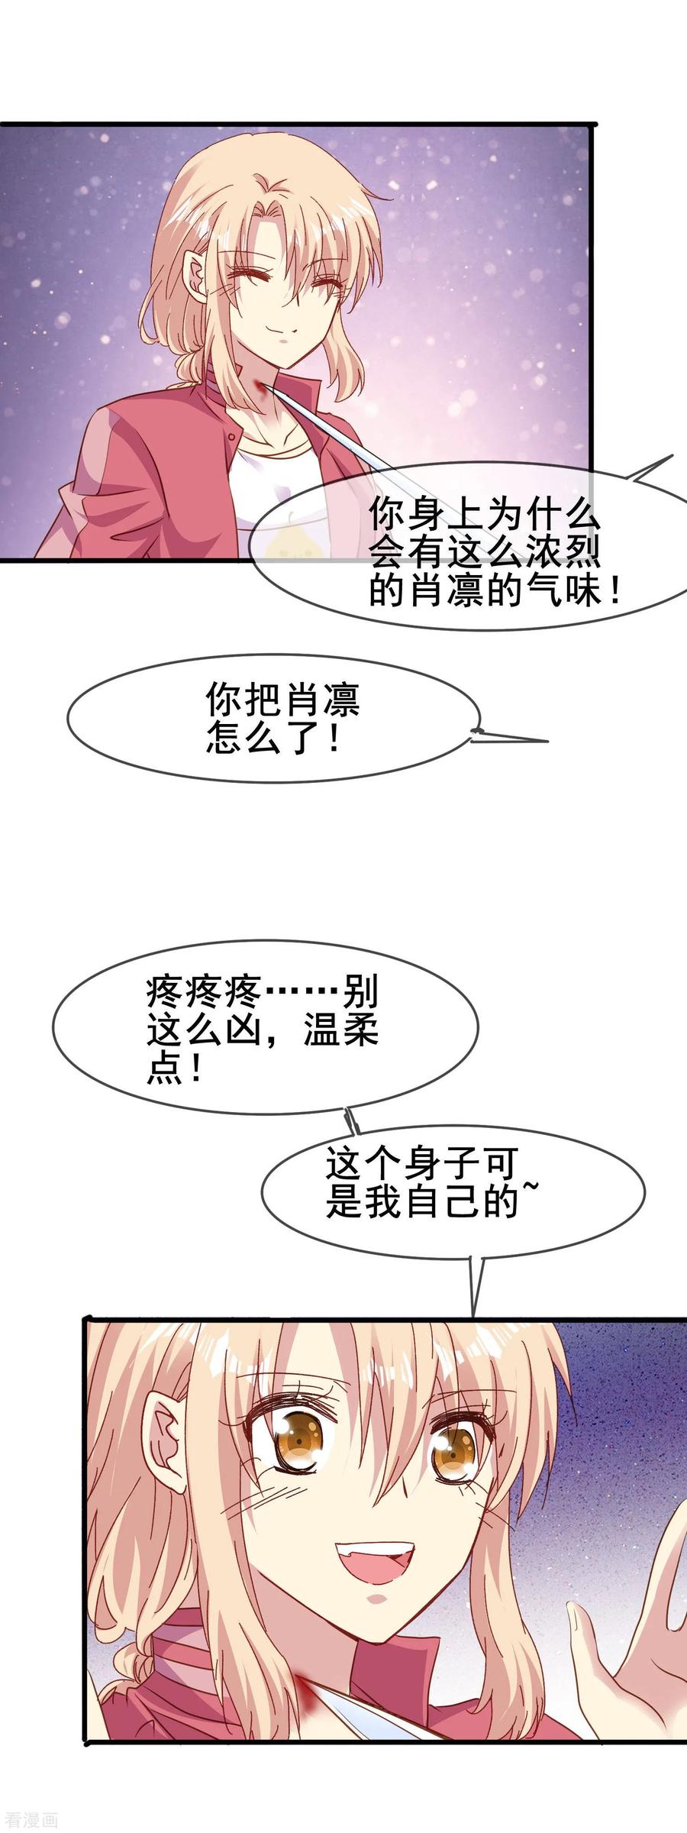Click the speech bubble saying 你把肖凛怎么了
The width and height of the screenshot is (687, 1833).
tap(275, 719)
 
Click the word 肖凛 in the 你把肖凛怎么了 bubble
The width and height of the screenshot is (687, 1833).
tap(321, 699)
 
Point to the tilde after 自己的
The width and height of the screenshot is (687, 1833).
tap(526, 1194)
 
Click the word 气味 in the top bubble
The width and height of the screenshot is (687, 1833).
tap(561, 591)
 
